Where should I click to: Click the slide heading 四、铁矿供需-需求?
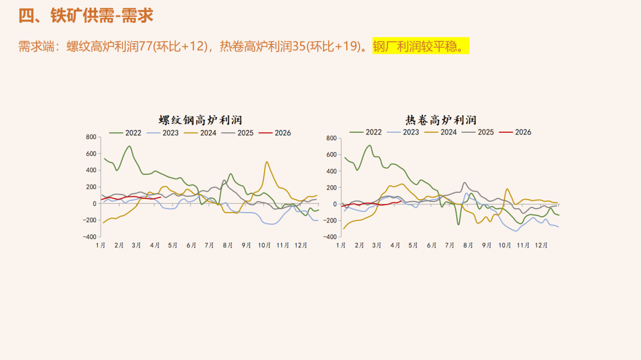(86, 16)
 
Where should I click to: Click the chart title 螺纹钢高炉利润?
(200, 120)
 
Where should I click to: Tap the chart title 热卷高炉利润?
(441, 120)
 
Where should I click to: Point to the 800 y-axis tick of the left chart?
(91, 137)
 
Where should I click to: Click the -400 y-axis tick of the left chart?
(89, 237)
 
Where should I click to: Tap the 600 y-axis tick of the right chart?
(332, 155)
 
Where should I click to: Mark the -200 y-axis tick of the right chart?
(330, 221)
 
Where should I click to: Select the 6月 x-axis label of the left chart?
(191, 245)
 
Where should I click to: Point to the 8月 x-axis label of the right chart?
(469, 245)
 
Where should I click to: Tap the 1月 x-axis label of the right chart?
(341, 245)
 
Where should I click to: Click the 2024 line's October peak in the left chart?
(266, 162)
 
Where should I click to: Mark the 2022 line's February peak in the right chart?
(369, 146)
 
